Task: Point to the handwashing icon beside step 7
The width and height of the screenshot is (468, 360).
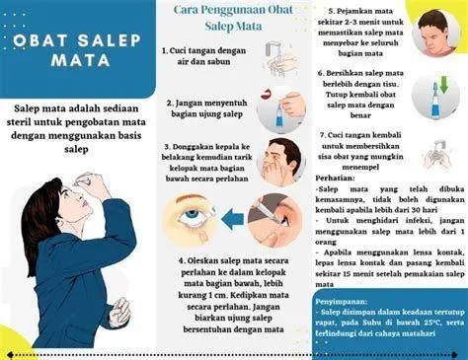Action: pyautogui.click(x=438, y=153)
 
